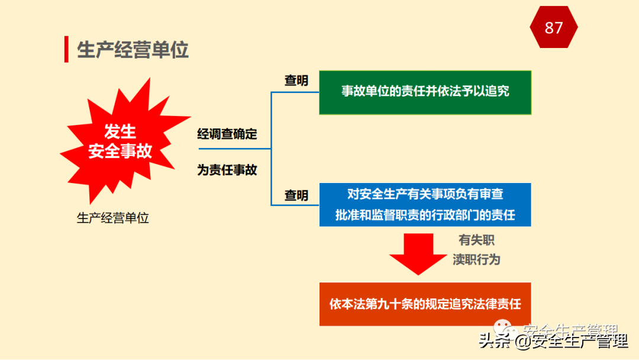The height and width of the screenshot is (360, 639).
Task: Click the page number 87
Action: tap(553, 28)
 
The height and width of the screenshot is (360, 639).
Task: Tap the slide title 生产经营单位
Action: tap(133, 50)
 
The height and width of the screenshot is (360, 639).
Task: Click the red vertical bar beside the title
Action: tap(66, 49)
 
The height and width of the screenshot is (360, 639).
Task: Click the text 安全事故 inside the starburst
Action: tap(120, 151)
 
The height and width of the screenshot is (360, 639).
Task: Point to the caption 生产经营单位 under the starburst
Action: tap(113, 218)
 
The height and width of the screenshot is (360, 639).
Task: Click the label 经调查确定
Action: tap(227, 134)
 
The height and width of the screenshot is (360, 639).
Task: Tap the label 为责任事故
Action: tap(227, 170)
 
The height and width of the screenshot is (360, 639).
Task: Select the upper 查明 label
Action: tap(296, 81)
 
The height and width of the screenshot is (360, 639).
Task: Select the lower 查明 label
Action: tap(296, 195)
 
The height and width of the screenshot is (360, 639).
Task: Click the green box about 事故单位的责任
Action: tap(425, 92)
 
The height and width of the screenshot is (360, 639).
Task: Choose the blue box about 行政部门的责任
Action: tap(425, 204)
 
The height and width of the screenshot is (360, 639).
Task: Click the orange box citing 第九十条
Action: tap(425, 304)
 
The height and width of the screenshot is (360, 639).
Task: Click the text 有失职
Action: tap(476, 240)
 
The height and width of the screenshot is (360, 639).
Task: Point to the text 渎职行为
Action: tap(476, 259)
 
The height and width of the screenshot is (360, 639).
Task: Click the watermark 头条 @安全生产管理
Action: tap(553, 341)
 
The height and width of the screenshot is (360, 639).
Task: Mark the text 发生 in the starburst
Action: tap(120, 131)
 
